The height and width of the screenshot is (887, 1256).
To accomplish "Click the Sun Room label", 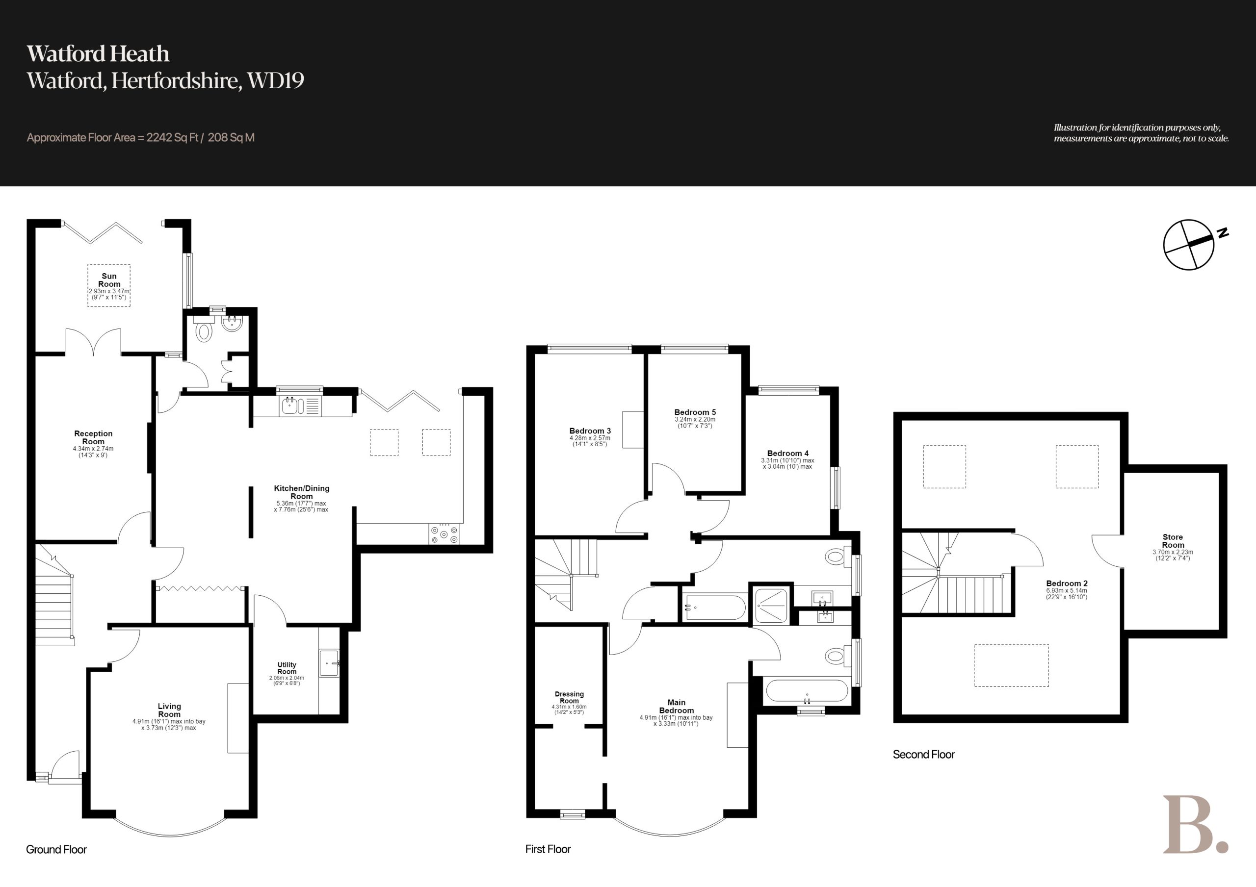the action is [109, 280].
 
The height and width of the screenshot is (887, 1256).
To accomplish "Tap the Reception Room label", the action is [94, 437].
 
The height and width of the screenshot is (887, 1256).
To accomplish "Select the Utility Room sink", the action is [329, 663].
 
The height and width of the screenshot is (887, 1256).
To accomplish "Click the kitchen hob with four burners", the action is [444, 534].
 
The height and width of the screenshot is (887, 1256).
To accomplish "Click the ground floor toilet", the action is [204, 330].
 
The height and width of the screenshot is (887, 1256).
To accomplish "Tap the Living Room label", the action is [169, 710].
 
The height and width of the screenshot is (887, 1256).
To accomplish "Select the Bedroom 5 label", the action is [695, 412].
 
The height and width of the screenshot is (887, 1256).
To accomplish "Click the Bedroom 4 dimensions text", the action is [788, 464].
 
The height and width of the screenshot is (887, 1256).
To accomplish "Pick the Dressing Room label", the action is [570, 697].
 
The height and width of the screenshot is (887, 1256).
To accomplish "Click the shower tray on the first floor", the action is [771, 606].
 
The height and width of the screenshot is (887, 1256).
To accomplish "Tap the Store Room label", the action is [1173, 541].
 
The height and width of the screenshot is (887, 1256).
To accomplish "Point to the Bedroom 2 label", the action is [1067, 583].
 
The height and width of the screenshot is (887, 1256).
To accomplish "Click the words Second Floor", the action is [923, 755].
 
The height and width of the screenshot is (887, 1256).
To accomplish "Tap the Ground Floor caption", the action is [56, 849].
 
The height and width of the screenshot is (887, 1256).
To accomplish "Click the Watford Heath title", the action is [99, 53].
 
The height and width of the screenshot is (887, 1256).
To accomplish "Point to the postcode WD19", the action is [276, 81].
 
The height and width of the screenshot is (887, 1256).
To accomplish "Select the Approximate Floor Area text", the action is [141, 138].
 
